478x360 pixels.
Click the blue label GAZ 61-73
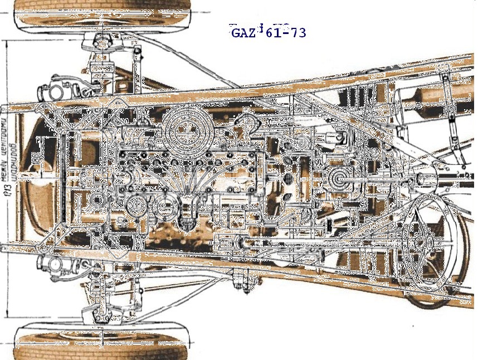click(x=268, y=32)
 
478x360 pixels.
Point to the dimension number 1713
click(x=7, y=195)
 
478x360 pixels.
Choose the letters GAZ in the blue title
click(x=243, y=32)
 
